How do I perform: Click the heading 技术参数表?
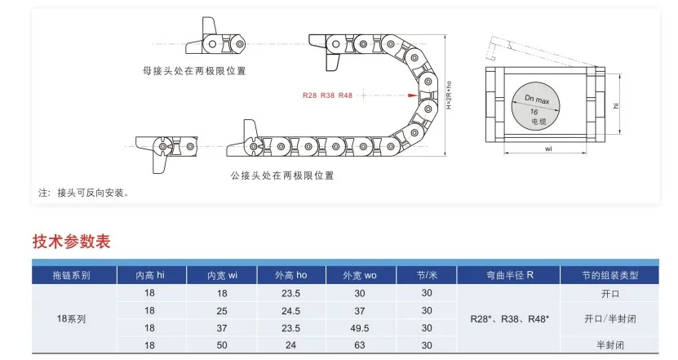click(x=71, y=242)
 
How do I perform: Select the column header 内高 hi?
click(x=149, y=275)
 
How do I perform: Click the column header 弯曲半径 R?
click(x=511, y=275)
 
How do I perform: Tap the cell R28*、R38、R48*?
click(x=511, y=319)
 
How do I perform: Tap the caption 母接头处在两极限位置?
click(x=193, y=71)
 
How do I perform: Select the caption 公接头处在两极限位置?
click(x=282, y=176)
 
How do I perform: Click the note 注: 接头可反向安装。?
click(x=83, y=193)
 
